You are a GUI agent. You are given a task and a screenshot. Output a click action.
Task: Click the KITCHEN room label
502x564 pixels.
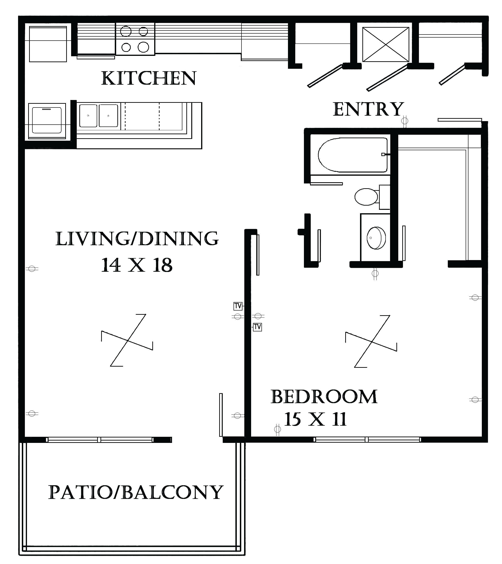point(149,78)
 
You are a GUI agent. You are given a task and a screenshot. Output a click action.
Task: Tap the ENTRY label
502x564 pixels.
point(368,109)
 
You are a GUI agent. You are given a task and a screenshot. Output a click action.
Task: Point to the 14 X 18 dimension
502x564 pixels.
point(137,265)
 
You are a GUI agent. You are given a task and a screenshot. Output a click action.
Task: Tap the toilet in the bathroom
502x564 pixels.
point(367,197)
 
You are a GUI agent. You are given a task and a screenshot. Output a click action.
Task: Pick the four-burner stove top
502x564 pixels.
point(135,39)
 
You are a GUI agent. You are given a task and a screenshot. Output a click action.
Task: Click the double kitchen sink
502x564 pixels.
point(99,116)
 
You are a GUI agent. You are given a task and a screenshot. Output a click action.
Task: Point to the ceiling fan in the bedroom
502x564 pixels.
point(371,341)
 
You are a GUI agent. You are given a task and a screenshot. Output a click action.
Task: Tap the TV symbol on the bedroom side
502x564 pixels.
point(257,327)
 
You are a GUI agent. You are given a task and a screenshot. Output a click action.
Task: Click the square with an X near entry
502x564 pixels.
point(386,44)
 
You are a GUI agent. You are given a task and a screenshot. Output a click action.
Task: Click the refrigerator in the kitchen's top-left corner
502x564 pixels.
point(48,44)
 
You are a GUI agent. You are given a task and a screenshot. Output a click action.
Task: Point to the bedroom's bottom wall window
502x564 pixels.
point(367,440)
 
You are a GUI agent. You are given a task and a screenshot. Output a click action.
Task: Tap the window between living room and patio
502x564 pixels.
point(100,440)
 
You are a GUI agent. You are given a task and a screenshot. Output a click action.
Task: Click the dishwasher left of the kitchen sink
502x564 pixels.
point(47,121)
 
